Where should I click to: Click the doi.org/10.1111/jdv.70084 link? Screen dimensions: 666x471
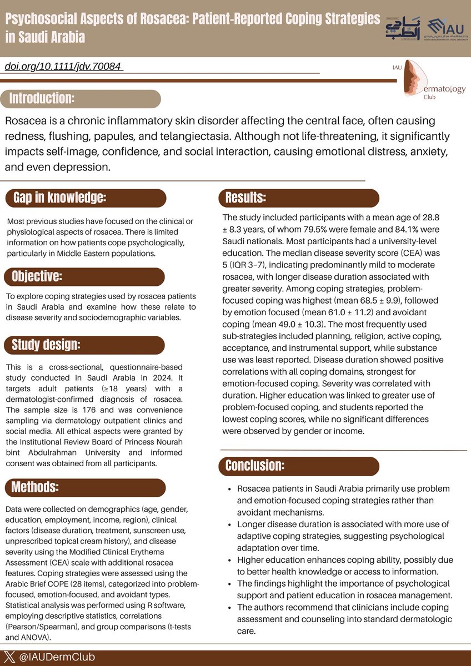pyautogui.click(x=63, y=67)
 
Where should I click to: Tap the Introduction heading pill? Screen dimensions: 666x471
pyautogui.click(x=42, y=99)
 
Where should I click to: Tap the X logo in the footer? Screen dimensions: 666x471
pyautogui.click(x=12, y=658)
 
